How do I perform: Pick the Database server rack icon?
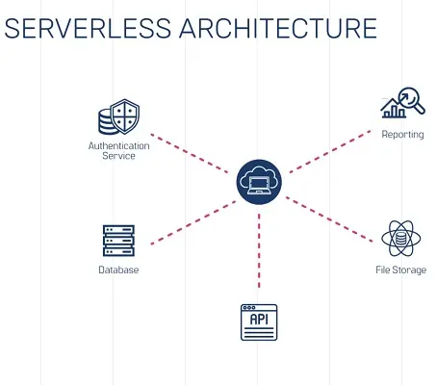coord(117,242)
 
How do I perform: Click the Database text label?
coord(117,270)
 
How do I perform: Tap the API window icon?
coord(258,322)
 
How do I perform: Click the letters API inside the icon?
coord(258,319)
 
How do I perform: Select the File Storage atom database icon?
coord(399,239)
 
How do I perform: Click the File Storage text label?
coord(399,270)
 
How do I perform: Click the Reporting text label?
coord(401,135)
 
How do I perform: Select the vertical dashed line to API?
coord(258,250)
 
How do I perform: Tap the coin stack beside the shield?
coord(108,120)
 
